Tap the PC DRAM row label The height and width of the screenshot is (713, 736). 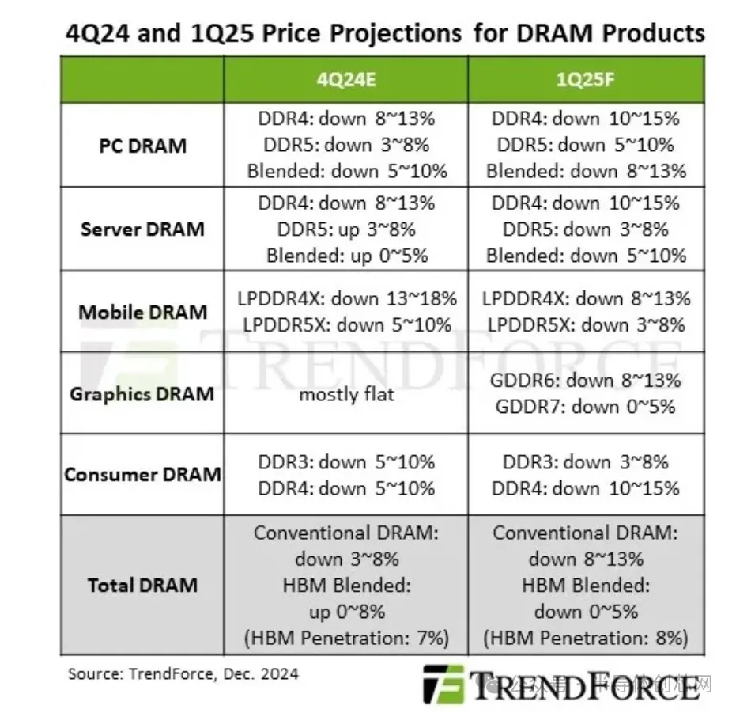142,146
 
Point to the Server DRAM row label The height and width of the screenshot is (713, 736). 142,229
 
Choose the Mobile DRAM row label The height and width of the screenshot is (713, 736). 142,312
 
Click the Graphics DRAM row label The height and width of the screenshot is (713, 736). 142,393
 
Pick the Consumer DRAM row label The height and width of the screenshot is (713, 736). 142,475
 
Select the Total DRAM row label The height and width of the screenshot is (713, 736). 142,586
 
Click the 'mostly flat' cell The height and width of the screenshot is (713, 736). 346,393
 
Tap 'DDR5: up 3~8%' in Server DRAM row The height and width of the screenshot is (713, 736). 346,229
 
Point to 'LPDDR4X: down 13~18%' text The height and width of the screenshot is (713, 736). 346,299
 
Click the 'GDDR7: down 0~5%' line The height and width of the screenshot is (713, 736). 586,407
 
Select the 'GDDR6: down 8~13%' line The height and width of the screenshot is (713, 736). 586,380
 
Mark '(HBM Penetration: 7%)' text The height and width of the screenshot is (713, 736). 346,638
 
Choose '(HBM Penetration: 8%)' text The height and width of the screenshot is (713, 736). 586,638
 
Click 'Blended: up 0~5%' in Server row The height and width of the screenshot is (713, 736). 346,256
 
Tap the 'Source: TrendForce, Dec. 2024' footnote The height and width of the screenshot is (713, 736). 183,674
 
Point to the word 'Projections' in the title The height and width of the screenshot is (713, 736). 393,33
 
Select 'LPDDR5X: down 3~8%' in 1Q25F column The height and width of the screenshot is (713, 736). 586,325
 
